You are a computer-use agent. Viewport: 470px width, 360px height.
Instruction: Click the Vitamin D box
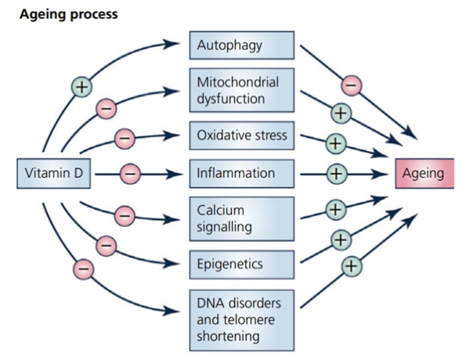coord(53,174)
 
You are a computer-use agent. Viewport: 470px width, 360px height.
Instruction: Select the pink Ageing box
coord(425,174)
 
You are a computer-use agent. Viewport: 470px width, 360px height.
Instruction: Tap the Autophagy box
coord(242,45)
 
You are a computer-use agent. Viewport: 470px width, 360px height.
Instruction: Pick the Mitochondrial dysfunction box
coord(242,90)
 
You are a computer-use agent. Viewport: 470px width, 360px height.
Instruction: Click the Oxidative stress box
coord(242,135)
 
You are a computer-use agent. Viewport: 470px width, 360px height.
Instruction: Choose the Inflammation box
coord(242,174)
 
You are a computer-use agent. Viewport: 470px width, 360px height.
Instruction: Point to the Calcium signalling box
coord(242,218)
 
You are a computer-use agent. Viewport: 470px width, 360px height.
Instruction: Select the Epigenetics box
coord(242,265)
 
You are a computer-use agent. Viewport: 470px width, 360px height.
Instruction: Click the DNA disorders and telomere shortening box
coord(242,320)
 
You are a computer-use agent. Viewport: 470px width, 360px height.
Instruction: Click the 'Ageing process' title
coord(69,14)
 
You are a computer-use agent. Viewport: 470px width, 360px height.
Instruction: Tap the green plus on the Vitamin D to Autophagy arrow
coord(81,87)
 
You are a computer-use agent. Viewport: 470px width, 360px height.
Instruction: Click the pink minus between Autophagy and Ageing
coord(351,85)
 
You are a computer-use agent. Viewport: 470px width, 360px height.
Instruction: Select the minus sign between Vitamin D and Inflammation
coord(130,174)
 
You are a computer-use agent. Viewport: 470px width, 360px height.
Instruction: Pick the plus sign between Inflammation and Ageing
coord(337,174)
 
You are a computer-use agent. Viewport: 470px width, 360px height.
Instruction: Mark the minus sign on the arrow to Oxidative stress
coord(125,139)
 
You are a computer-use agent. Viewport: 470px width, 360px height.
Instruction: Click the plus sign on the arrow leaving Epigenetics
coord(341,240)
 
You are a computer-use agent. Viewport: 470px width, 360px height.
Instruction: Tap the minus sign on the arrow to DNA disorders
coord(84,269)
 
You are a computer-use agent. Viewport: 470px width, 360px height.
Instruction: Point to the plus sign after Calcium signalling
coord(336,210)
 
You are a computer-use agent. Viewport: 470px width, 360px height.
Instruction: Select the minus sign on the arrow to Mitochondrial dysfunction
coord(106,109)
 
